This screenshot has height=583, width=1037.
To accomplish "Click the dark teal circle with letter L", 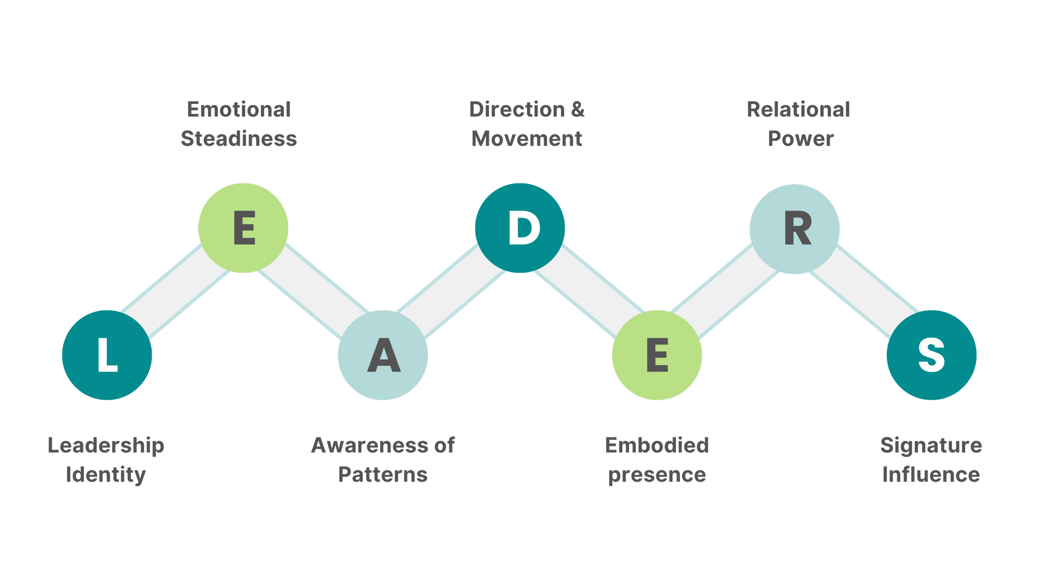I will [107, 355].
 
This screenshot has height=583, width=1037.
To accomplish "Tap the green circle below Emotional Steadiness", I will [243, 228].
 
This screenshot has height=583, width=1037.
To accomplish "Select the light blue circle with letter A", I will [383, 355].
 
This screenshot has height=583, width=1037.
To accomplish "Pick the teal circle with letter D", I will [520, 228].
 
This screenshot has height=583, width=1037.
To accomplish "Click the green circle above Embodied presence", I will [657, 355].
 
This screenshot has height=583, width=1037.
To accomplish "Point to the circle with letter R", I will [794, 229].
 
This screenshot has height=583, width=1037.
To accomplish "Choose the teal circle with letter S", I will [932, 355].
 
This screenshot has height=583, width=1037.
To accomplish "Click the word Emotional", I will [239, 109].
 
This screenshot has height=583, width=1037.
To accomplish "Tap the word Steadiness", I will [239, 138].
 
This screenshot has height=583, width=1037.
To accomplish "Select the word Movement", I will [527, 138].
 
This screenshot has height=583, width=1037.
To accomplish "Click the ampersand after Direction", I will [578, 109].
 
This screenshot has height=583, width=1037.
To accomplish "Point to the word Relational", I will [798, 109].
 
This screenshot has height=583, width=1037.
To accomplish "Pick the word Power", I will [801, 139].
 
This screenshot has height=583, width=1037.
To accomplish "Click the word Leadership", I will [106, 446].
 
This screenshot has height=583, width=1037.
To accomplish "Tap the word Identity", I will [106, 475].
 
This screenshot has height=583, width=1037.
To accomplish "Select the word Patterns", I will [383, 475].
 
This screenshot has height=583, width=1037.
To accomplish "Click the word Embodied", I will [657, 446].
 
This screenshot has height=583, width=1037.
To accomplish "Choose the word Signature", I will [931, 446].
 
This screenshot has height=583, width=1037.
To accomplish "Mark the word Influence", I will [931, 475].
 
